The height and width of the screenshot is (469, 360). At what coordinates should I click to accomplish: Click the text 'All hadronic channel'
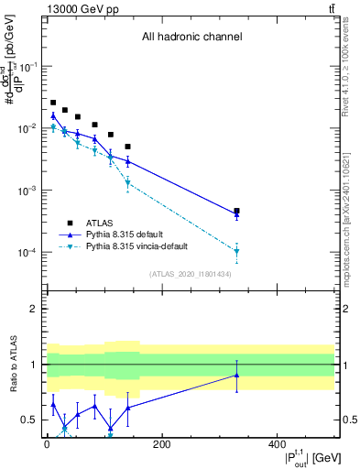[x=191, y=38]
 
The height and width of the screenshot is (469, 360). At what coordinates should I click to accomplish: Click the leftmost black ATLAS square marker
[x=53, y=103]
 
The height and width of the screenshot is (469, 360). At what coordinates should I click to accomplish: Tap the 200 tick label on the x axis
[x=161, y=445]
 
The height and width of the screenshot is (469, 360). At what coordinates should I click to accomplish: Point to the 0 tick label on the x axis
[x=47, y=445]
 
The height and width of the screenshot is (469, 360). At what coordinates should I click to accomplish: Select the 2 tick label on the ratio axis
[x=34, y=309]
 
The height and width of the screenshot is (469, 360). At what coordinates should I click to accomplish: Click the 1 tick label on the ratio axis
[x=34, y=365]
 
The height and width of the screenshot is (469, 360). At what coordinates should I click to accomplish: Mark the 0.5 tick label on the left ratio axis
[x=30, y=420]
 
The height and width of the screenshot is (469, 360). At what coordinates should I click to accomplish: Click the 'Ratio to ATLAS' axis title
[x=11, y=365]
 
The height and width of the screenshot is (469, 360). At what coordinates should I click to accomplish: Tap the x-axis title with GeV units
[x=302, y=457]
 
